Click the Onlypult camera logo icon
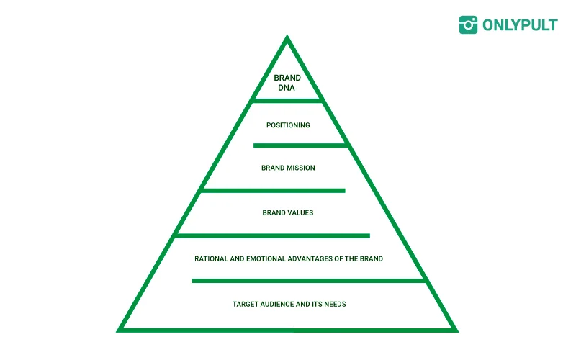[x=468, y=24]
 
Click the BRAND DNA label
[x=287, y=83]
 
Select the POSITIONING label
[x=288, y=125]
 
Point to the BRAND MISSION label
[x=288, y=168]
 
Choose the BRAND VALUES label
[x=288, y=213]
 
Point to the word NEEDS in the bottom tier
[x=334, y=305]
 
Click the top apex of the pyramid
[x=287, y=37]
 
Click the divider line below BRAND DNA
[x=287, y=101]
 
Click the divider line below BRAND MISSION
[x=273, y=191]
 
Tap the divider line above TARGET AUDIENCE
[x=310, y=280]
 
